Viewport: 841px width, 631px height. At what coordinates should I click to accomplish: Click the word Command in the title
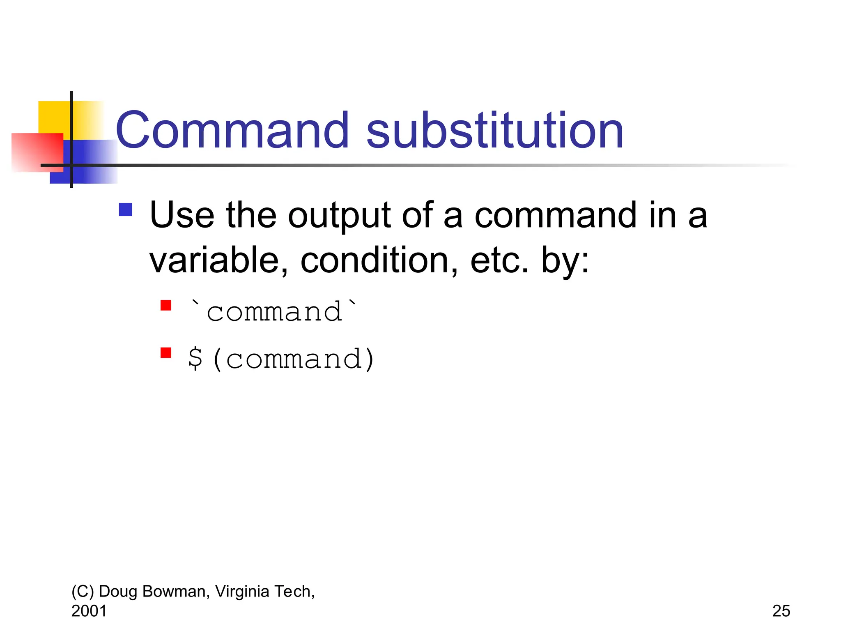(x=232, y=131)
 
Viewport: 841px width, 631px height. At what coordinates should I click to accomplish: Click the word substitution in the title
(x=494, y=131)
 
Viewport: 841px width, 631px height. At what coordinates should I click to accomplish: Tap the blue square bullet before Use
(x=125, y=210)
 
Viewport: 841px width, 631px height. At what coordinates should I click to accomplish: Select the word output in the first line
(x=339, y=216)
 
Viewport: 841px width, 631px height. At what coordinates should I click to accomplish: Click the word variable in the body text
(x=218, y=260)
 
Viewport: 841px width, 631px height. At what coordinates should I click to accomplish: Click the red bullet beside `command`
(x=166, y=306)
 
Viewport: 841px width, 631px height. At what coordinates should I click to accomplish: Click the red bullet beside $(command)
(x=166, y=353)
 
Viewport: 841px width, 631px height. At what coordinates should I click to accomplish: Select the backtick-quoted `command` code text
(x=273, y=312)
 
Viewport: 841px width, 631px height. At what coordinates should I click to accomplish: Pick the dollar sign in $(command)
(x=195, y=359)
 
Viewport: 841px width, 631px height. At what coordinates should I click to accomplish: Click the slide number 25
(x=781, y=611)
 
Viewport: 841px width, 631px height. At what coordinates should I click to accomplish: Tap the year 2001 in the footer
(x=89, y=611)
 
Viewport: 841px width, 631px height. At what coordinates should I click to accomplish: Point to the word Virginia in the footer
(x=242, y=592)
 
